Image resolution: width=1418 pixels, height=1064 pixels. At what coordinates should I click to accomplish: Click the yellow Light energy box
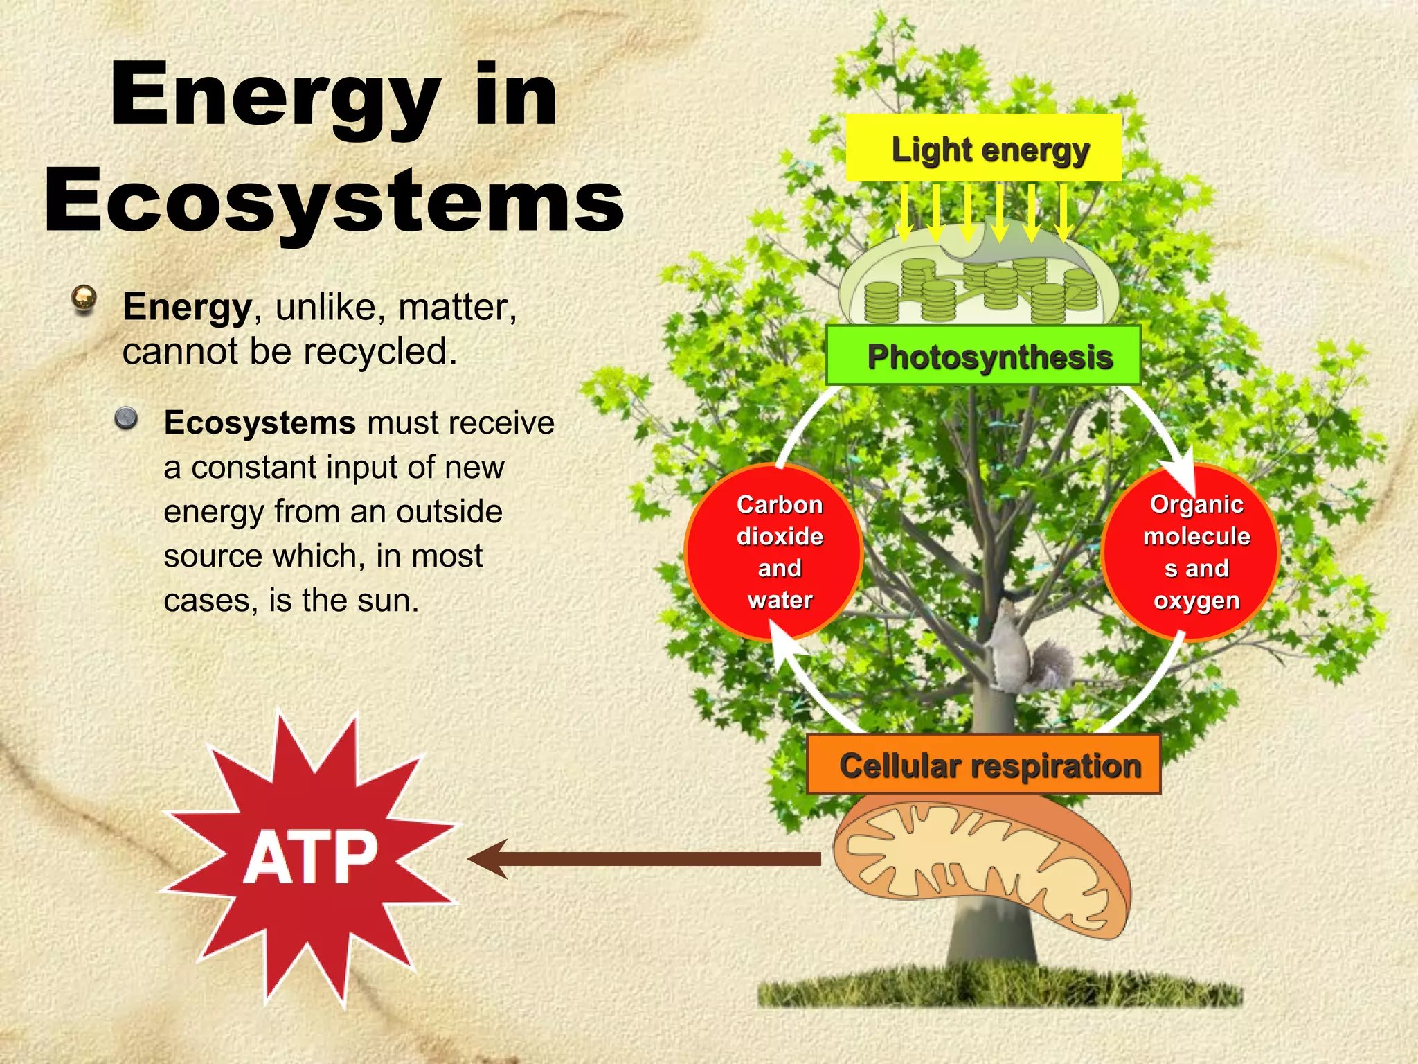983,148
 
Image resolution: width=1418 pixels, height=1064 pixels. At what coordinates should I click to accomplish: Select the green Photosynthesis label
983,356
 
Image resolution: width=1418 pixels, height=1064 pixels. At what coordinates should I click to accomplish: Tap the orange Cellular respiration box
983,765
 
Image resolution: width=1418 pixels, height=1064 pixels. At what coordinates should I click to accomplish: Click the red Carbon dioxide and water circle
774,552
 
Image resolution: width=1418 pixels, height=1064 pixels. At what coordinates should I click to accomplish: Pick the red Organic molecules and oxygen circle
1190,552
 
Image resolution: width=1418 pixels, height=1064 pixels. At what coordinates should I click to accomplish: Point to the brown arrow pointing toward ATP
644,859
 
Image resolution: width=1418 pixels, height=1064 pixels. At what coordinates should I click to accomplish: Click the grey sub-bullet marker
126,418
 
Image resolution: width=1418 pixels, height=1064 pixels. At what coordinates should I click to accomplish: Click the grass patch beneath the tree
997,987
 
